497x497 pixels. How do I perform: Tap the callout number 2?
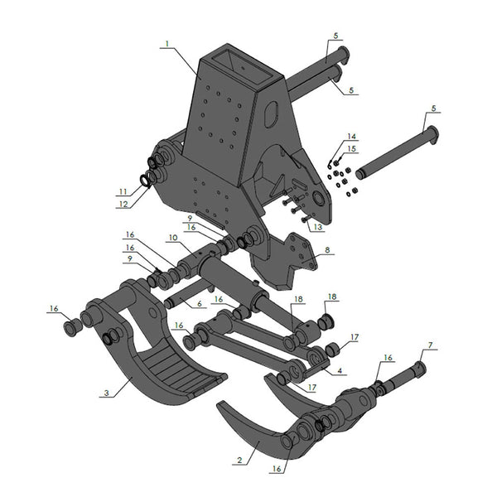click(239, 458)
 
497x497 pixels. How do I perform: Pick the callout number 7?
click(429, 344)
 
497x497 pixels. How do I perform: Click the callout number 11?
click(123, 191)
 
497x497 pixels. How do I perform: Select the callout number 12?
click(123, 204)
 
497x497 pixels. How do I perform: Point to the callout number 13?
click(318, 228)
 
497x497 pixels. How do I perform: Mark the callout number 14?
click(351, 136)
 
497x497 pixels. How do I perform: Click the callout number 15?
click(351, 148)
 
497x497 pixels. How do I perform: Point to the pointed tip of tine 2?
click(219, 406)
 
